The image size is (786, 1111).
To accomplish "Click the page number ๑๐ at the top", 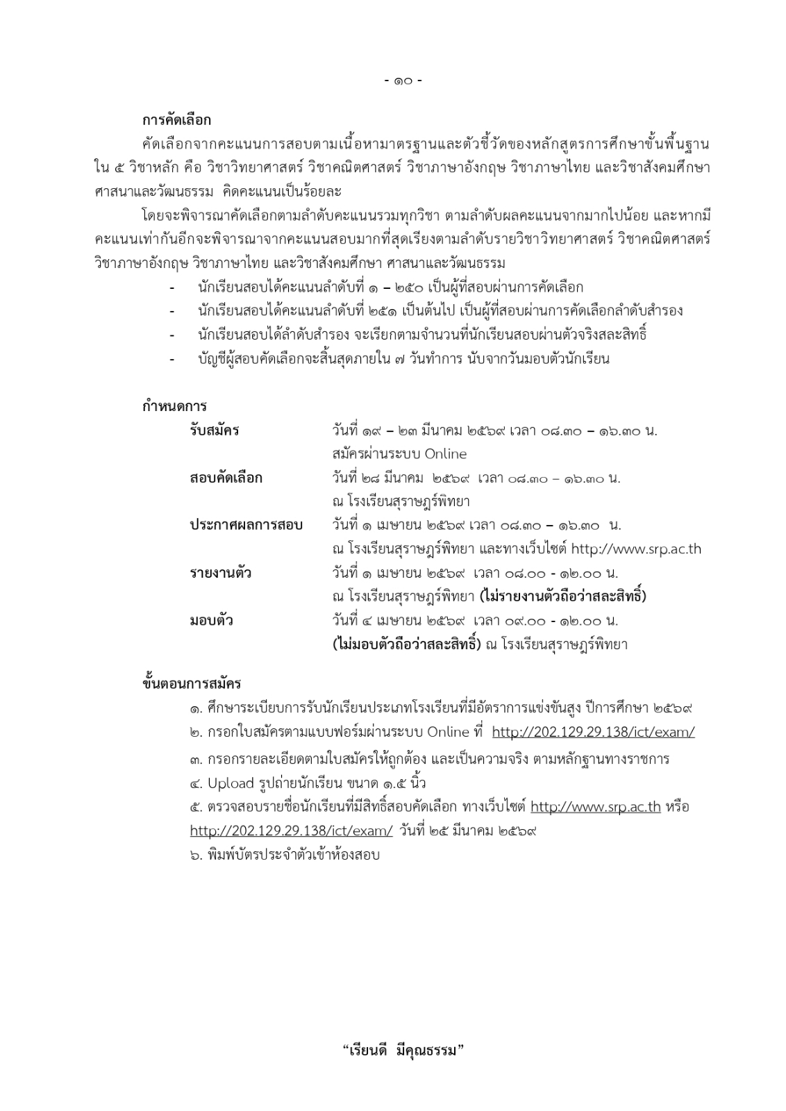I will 403,81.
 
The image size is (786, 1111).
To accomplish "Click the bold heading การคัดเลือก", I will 176,120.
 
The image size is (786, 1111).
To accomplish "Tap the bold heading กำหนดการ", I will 174,406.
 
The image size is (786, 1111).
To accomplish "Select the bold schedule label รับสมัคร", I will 214,431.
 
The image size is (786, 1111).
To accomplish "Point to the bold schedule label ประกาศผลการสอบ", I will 246,525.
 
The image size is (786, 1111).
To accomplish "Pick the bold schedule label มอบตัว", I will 211,620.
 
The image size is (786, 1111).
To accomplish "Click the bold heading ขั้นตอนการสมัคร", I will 192,683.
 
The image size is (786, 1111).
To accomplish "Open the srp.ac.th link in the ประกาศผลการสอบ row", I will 635,549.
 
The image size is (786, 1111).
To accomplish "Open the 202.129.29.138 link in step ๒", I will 593,732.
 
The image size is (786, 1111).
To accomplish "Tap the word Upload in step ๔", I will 231,783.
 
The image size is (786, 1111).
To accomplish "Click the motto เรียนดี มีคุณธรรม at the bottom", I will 403,1050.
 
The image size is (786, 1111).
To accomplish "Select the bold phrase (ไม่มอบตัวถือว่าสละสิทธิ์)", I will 406,644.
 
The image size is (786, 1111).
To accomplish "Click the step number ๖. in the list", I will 196,855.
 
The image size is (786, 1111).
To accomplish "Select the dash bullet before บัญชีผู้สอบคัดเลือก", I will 172,359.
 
